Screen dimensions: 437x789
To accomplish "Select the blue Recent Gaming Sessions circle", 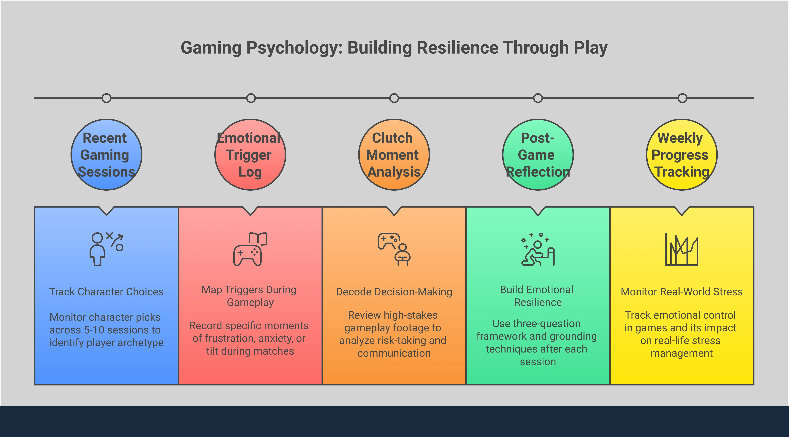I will [x=106, y=155].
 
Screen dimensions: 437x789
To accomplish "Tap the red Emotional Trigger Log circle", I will [x=250, y=155].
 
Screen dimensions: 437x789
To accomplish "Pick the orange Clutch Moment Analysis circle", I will [x=394, y=155].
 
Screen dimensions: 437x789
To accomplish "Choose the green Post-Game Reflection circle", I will [x=538, y=155].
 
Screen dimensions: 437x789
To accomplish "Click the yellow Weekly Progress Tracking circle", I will [x=682, y=155].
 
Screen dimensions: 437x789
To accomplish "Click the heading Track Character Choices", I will [x=106, y=292].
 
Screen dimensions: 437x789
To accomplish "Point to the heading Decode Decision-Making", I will [x=394, y=292].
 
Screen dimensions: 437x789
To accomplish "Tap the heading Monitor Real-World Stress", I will [x=682, y=292].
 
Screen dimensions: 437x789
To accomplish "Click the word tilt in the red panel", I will [x=212, y=351].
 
